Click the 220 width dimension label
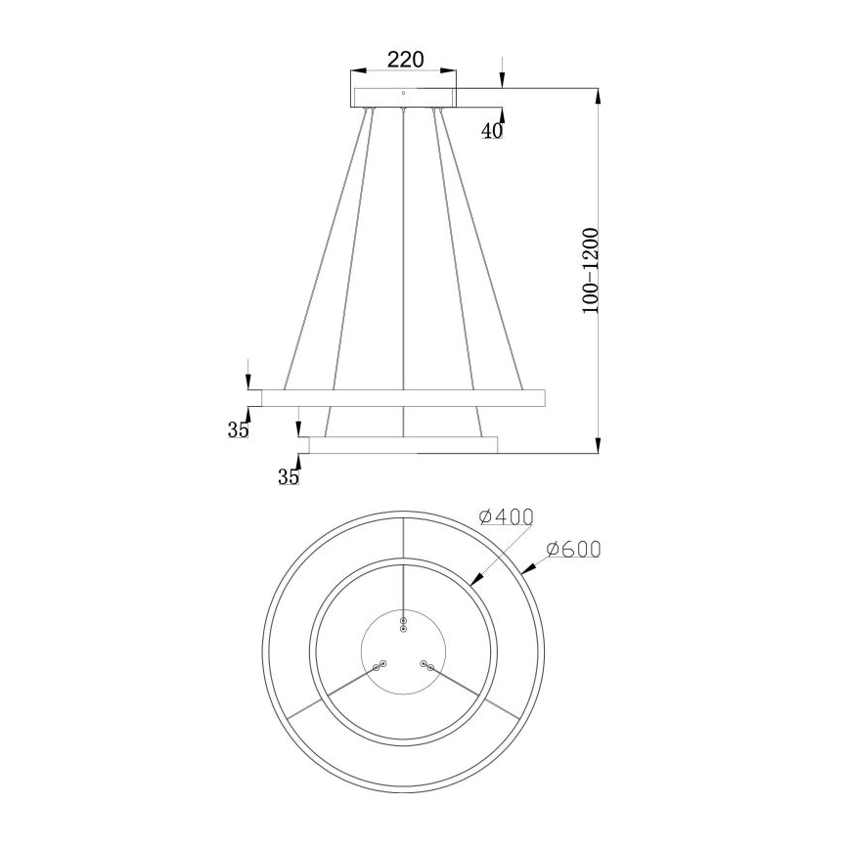pos(404,59)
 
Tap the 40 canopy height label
pos(491,131)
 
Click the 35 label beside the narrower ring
pos(288,477)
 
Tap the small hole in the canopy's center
pos(404,93)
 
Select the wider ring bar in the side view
pos(404,397)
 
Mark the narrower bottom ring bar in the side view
pos(404,445)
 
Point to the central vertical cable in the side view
pos(404,274)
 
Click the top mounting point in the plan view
pos(403,623)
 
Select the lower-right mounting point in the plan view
pos(426,665)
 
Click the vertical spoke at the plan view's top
pos(404,537)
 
